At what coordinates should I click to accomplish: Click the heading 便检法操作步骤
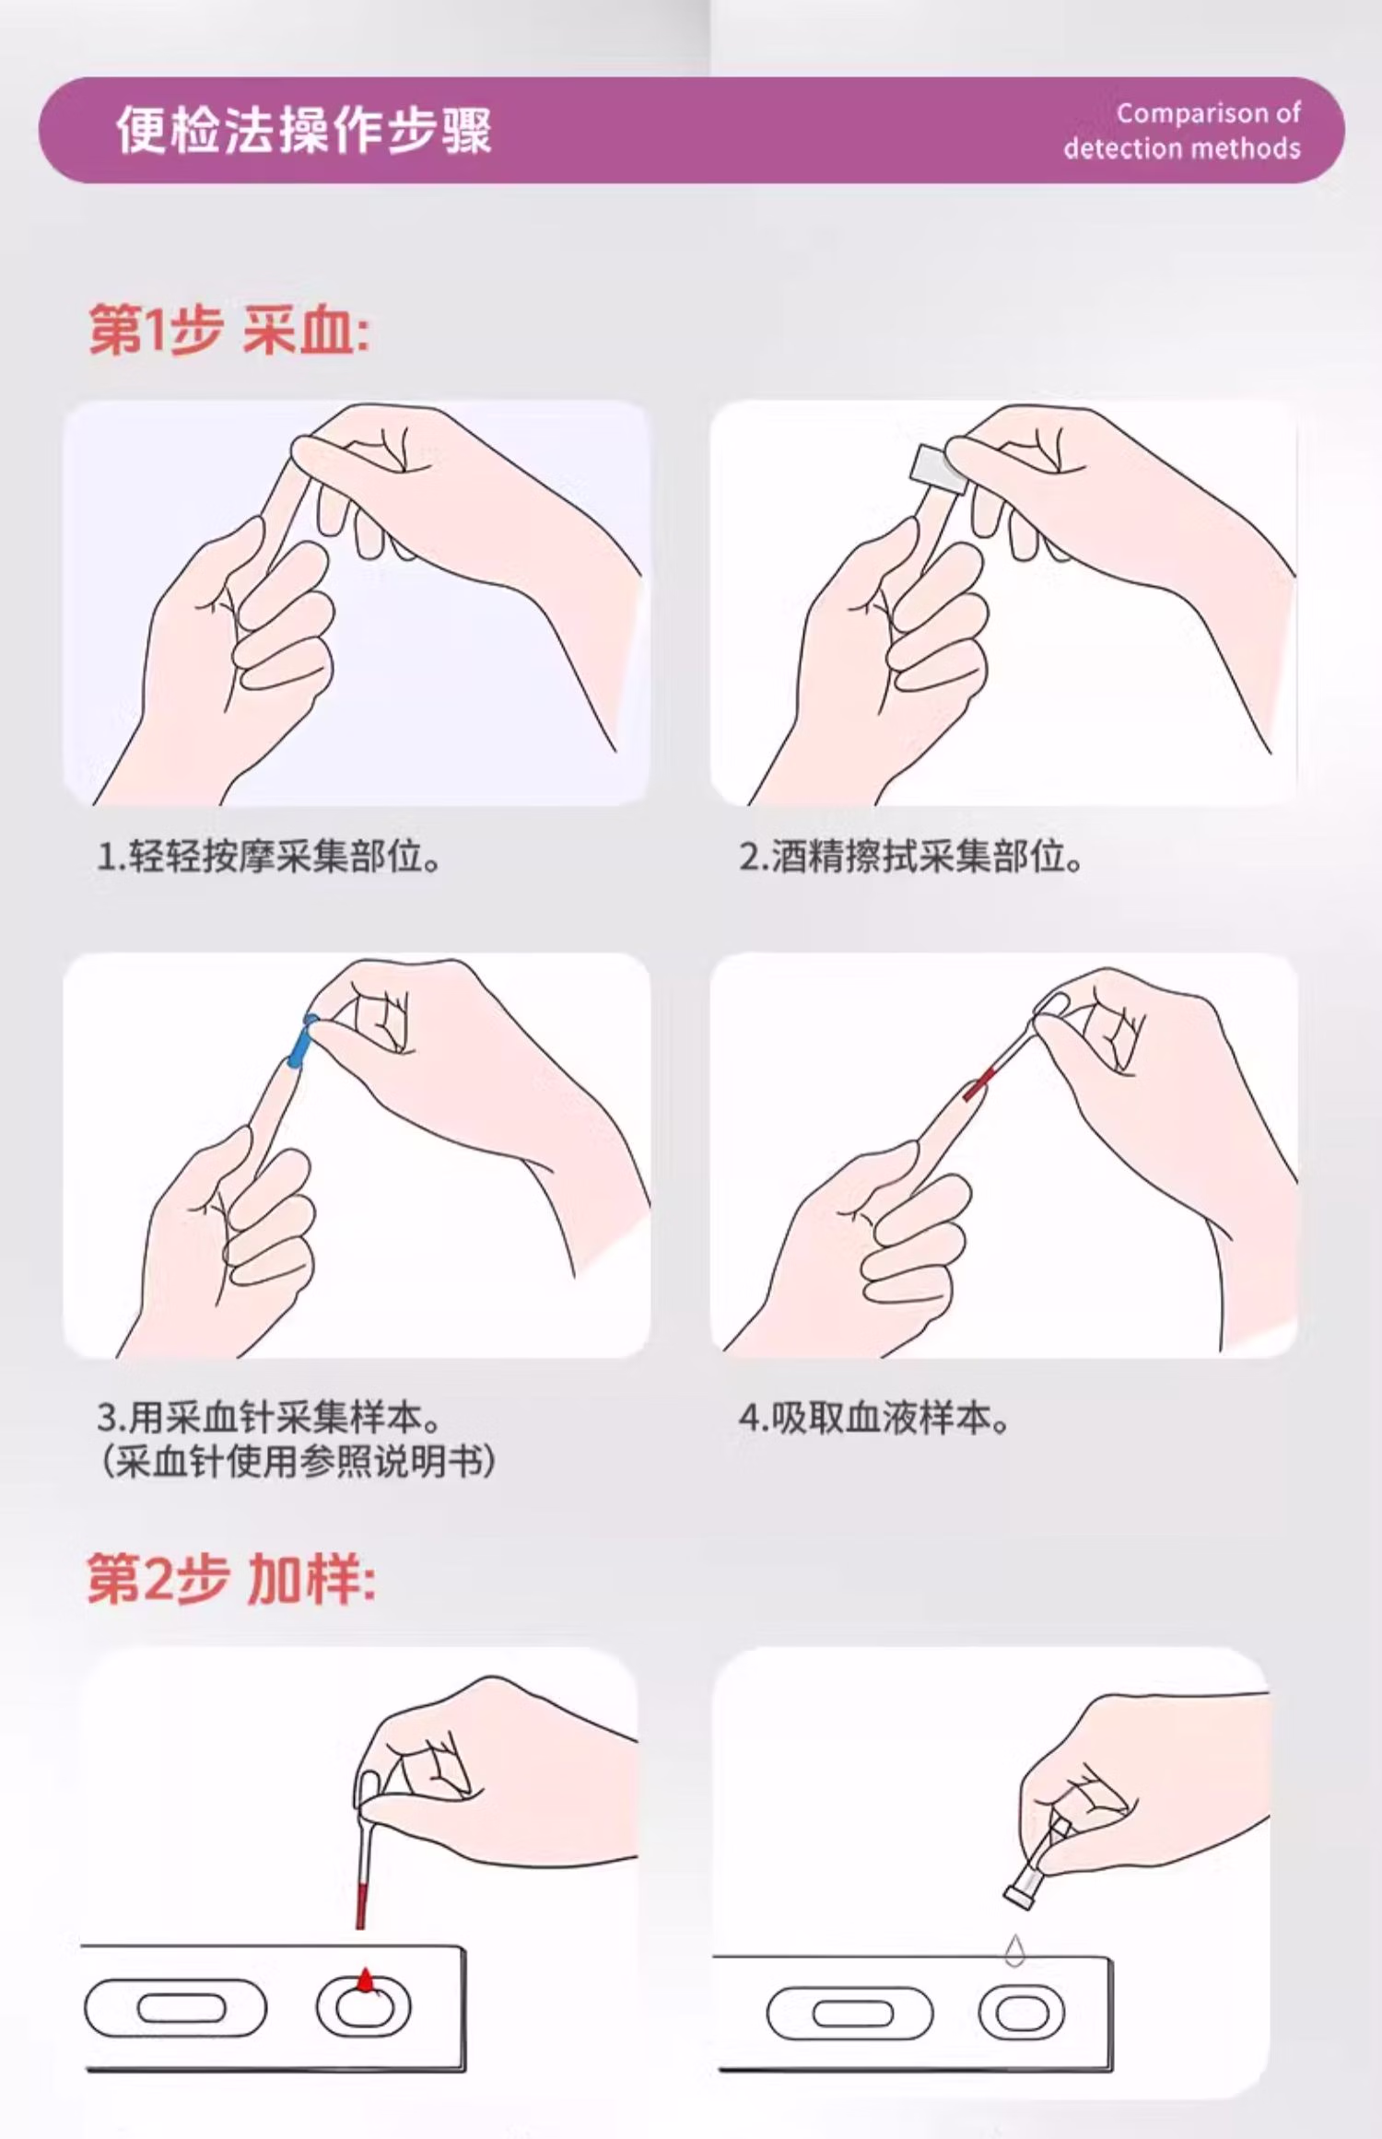(304, 130)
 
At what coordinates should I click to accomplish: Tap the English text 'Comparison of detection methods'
(1182, 131)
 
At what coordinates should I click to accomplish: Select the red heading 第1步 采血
(228, 330)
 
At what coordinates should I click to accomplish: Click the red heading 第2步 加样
(230, 1579)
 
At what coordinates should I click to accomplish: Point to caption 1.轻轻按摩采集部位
(268, 857)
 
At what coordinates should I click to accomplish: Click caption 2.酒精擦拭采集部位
(910, 857)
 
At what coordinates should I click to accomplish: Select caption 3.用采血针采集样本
(268, 1418)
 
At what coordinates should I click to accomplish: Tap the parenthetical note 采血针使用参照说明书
(297, 1462)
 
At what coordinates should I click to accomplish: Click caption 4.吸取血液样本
(873, 1418)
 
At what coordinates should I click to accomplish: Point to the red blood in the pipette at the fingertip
(978, 1085)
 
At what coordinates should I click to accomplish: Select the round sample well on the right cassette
(1020, 2013)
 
